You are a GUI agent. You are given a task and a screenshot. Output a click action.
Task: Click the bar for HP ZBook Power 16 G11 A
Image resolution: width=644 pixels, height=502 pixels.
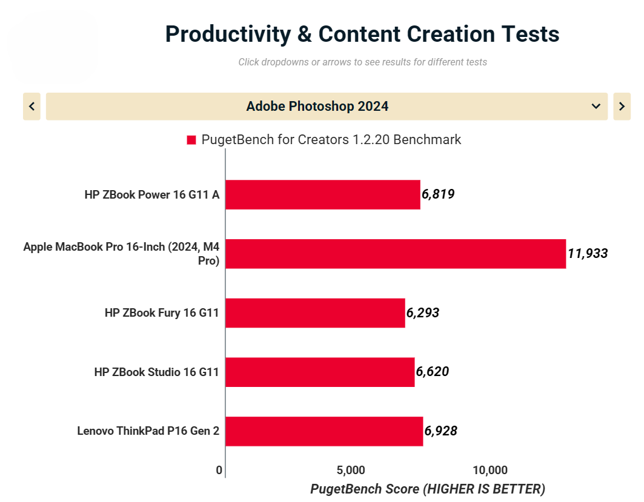coord(322,194)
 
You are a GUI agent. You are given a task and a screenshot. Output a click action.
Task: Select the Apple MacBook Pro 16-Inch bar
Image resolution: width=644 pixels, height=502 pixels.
coord(395,254)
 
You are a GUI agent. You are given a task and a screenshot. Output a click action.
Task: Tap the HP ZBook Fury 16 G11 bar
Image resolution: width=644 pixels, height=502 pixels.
coord(315,313)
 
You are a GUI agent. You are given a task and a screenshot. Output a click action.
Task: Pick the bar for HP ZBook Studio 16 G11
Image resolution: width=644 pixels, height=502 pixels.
coord(320,372)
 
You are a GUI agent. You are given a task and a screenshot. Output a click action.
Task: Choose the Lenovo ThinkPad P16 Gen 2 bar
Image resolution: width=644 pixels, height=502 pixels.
coord(324,431)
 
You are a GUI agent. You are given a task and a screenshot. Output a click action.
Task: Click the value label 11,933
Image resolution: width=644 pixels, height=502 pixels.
coord(588,254)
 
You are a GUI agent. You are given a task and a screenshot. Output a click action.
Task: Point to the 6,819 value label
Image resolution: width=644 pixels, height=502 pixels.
coord(438,194)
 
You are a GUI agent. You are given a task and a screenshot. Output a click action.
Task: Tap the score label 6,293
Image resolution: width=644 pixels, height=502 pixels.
coord(423,313)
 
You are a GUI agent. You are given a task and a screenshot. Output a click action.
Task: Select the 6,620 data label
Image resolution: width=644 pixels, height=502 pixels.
coord(433,372)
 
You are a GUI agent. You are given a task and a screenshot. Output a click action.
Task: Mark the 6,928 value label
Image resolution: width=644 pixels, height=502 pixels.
coord(441,431)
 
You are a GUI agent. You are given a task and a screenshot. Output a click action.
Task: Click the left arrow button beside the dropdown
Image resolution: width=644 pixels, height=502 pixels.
coord(32,107)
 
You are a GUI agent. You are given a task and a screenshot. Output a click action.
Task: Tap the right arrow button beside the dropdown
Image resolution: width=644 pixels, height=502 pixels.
coord(622,107)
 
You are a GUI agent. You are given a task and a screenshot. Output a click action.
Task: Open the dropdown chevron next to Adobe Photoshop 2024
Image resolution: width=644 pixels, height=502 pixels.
coord(596,107)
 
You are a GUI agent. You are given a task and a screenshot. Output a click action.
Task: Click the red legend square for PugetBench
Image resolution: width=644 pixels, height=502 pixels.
coord(191,140)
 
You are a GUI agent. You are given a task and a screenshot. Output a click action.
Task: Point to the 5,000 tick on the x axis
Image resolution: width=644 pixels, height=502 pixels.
coord(350,471)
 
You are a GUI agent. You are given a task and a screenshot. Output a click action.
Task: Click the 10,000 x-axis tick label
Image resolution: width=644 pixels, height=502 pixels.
coord(490,471)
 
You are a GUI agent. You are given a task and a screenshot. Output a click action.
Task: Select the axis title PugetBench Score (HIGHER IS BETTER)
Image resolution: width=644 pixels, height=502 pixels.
coord(428,489)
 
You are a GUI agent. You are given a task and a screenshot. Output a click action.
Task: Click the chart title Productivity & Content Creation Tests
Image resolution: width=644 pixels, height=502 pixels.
coord(362,34)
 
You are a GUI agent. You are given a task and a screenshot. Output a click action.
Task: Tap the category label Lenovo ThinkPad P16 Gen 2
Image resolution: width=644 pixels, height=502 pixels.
coord(148,431)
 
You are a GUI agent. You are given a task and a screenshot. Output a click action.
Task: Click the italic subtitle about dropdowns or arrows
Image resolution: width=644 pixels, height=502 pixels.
coord(362,62)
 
